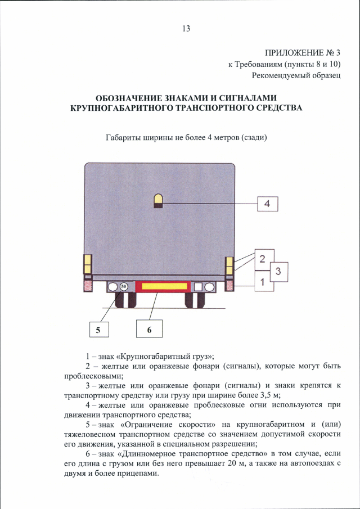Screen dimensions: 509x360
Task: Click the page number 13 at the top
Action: click(x=186, y=29)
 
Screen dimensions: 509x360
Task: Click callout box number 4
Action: click(x=267, y=204)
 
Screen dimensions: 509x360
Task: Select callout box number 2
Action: click(x=262, y=259)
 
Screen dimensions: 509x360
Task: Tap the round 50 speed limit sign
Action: click(x=124, y=287)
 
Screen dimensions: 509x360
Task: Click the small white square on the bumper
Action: click(x=198, y=287)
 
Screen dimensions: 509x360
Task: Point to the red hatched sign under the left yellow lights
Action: click(x=88, y=286)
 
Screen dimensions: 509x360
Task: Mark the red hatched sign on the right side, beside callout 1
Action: click(x=229, y=286)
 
